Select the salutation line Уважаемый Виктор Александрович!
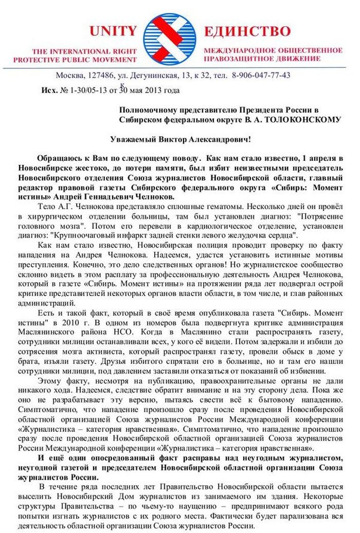181,139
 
